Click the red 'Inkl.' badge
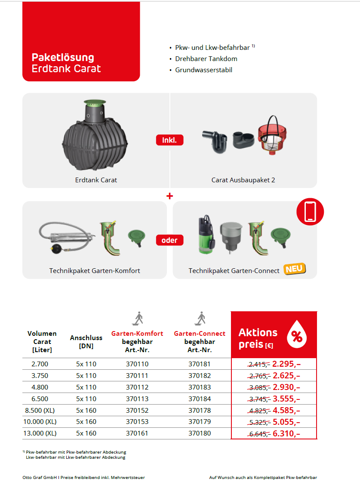[169, 140]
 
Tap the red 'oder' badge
[169, 240]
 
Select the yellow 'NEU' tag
[295, 269]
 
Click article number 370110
[137, 364]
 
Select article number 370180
[200, 433]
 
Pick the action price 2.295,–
[286, 364]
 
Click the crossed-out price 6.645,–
[259, 434]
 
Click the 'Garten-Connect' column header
[200, 334]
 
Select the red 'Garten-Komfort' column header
[137, 334]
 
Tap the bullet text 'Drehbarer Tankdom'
[206, 59]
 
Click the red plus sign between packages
[169, 196]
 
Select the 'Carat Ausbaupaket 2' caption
[243, 180]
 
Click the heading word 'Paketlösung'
[63, 58]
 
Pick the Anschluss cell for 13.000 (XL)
[86, 433]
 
